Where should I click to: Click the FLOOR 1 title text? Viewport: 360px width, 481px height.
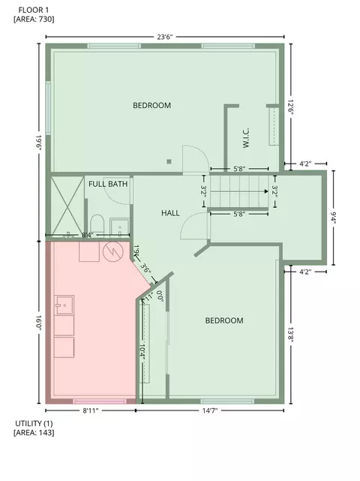(34, 10)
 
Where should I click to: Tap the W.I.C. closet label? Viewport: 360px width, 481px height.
(246, 138)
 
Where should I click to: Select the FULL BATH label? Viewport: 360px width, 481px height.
(108, 184)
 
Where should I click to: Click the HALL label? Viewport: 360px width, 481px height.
(170, 213)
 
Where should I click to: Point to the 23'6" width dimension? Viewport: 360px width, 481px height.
(165, 37)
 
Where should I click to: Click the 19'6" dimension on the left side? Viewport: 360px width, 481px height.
(39, 143)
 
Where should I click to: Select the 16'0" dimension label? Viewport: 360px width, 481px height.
(39, 323)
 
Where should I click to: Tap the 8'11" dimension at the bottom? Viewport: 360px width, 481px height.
(91, 410)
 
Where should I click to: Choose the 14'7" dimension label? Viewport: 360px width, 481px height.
(210, 410)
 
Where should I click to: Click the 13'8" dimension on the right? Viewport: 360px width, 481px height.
(290, 335)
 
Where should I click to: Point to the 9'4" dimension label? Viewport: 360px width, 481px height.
(333, 218)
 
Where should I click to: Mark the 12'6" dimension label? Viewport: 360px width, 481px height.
(290, 107)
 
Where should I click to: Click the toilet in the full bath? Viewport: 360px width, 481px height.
(97, 224)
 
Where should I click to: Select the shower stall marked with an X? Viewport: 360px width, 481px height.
(67, 205)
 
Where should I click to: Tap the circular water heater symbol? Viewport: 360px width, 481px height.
(112, 252)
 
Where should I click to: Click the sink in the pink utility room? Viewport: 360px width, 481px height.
(64, 305)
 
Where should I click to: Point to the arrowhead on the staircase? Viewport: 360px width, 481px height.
(266, 191)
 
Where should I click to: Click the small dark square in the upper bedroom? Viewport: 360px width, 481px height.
(169, 161)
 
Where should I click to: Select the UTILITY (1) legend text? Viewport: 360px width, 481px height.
(34, 424)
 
